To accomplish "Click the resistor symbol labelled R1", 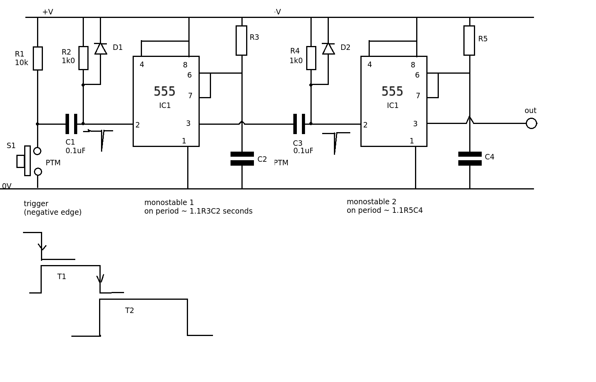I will pyautogui.click(x=38, y=58).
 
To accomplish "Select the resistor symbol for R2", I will pyautogui.click(x=83, y=58).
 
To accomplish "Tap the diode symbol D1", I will pyautogui.click(x=101, y=48).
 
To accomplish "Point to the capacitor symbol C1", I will pyautogui.click(x=71, y=124).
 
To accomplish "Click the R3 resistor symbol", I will pyautogui.click(x=241, y=41).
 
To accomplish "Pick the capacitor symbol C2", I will pyautogui.click(x=242, y=159).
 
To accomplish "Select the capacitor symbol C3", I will pyautogui.click(x=299, y=124).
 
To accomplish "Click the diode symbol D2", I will pyautogui.click(x=328, y=48).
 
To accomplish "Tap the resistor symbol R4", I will pyautogui.click(x=311, y=58).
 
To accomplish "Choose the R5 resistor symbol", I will pyautogui.click(x=469, y=41).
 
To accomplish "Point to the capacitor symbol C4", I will pyautogui.click(x=470, y=159).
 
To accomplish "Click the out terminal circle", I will pyautogui.click(x=531, y=123).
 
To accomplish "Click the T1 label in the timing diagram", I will pyautogui.click(x=62, y=277).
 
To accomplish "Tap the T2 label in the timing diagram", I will pyautogui.click(x=129, y=311).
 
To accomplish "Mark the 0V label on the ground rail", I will pyautogui.click(x=7, y=186).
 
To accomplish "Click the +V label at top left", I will pyautogui.click(x=48, y=12).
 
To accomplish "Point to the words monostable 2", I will pyautogui.click(x=371, y=202).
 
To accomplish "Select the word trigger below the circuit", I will pyautogui.click(x=36, y=203).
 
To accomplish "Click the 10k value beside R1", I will pyautogui.click(x=21, y=63).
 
